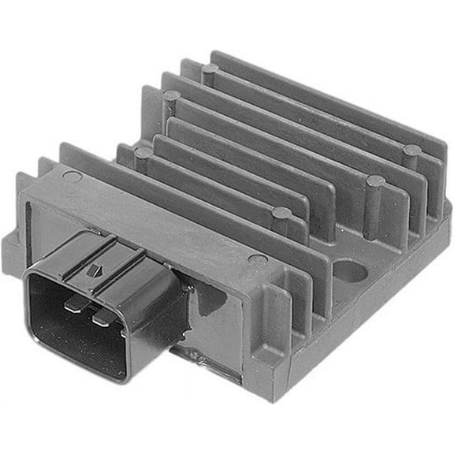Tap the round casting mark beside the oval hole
pyautogui.click(x=257, y=259)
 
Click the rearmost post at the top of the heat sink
pyautogui.click(x=210, y=71)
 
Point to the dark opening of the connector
pyautogui.click(x=79, y=331)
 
